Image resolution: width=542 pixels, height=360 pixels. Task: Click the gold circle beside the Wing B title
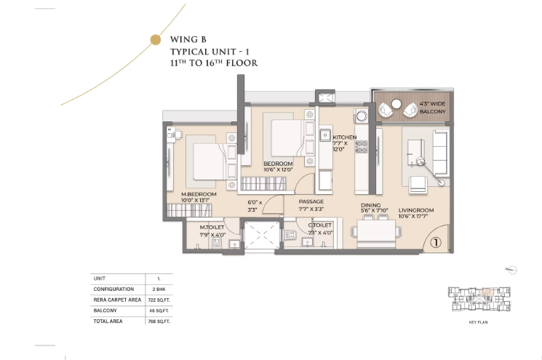[x=154, y=40]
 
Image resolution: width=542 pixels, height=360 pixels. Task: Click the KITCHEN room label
[x=343, y=137]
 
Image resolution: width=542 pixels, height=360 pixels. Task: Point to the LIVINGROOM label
[x=416, y=210]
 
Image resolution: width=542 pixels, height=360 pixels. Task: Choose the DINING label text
[x=370, y=205]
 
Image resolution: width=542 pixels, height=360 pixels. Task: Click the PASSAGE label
[x=311, y=201]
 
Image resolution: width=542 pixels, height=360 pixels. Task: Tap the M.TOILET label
[x=212, y=227]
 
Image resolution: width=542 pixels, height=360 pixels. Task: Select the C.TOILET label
[x=319, y=225]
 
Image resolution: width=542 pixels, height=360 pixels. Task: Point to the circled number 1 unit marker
[x=434, y=244]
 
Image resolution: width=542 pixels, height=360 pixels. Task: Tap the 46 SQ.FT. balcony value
[x=159, y=310]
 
